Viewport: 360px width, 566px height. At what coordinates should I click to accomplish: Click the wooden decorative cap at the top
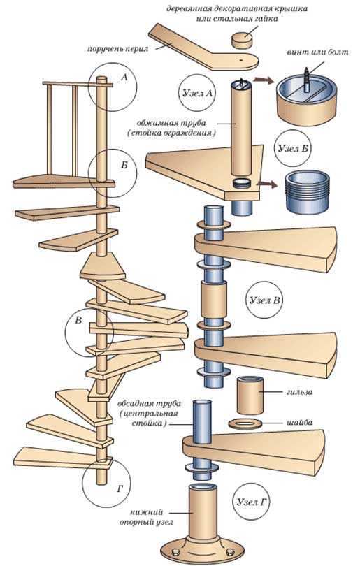click(x=243, y=40)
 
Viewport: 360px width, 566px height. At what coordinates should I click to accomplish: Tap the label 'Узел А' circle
click(x=197, y=93)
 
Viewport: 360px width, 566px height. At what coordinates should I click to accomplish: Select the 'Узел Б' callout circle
click(x=292, y=148)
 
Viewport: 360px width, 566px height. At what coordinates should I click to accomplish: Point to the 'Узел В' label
click(x=265, y=300)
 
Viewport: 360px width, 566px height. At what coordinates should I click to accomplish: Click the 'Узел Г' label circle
click(x=252, y=502)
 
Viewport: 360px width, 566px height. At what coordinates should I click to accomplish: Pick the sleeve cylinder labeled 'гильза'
click(x=250, y=395)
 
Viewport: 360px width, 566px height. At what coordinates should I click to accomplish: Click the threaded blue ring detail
click(x=308, y=191)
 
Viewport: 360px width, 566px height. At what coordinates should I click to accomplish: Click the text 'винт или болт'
click(x=318, y=52)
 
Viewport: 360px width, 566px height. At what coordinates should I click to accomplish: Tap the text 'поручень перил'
click(x=117, y=49)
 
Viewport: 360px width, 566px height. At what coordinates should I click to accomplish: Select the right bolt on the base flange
click(x=229, y=552)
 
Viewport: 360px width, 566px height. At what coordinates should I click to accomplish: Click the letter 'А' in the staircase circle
click(x=124, y=77)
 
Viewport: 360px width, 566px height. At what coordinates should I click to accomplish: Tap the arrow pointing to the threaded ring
click(x=268, y=184)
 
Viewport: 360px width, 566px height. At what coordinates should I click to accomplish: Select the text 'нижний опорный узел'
click(x=146, y=517)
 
